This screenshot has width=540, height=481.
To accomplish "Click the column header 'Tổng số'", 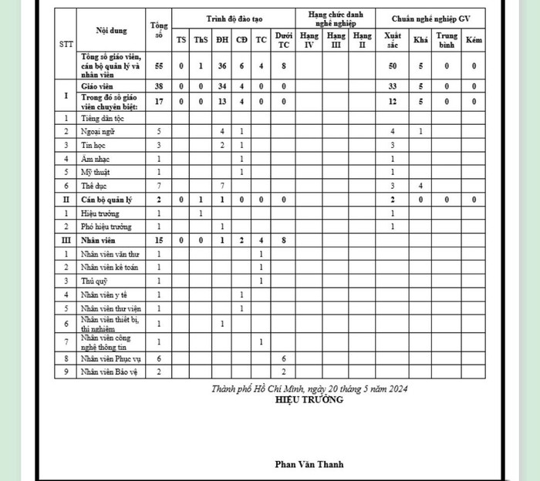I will tap(160, 31).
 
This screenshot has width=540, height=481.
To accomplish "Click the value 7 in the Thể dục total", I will tap(159, 186).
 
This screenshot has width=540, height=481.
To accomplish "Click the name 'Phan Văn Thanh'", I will tap(309, 464).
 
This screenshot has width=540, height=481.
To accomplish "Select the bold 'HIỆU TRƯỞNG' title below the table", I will tap(309, 399).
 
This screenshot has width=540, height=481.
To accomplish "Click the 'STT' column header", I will tap(66, 43).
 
